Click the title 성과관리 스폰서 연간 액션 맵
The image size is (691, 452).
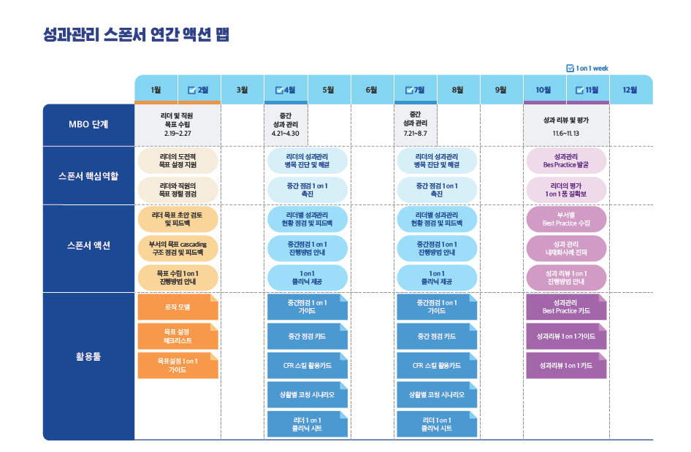(x=136, y=34)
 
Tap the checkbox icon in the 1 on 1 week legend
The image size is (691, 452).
(x=570, y=69)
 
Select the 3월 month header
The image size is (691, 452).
(x=242, y=90)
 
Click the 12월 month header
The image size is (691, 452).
(x=630, y=90)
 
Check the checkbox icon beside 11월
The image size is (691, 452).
(x=579, y=91)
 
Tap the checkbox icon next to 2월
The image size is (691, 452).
(x=191, y=91)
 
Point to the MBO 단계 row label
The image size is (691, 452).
(x=88, y=125)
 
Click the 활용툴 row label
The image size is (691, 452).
(x=88, y=356)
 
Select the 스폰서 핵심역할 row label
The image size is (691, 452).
(x=88, y=176)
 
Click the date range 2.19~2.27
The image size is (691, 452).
(x=177, y=134)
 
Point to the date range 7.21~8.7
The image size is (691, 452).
(x=415, y=134)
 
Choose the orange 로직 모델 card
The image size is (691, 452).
(x=177, y=307)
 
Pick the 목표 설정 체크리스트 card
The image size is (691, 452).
(x=177, y=336)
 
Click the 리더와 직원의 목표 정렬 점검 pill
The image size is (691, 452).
(x=177, y=190)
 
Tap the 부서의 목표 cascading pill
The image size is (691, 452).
(x=177, y=248)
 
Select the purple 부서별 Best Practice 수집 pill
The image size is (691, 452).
(x=566, y=219)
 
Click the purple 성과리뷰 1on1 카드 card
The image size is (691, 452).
(x=566, y=366)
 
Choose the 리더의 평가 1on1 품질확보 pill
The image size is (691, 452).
(x=566, y=190)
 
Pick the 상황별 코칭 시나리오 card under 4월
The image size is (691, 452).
(x=308, y=395)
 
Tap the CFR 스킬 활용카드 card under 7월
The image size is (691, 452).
(x=437, y=366)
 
